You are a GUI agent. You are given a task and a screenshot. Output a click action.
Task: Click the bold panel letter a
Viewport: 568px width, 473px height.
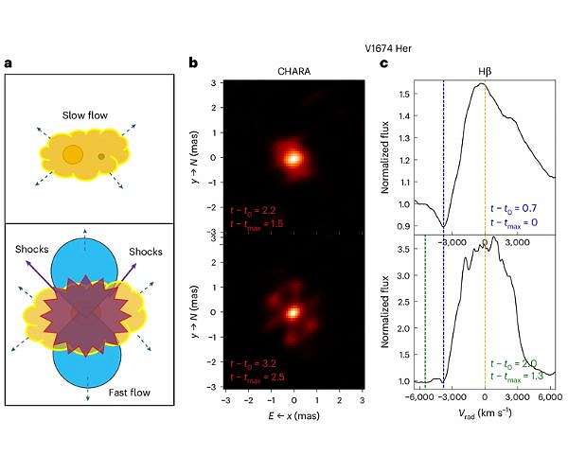click(9, 63)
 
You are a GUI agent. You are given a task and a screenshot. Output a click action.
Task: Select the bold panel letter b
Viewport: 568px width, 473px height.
click(193, 63)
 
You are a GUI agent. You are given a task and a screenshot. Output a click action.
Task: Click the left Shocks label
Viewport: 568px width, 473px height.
click(32, 251)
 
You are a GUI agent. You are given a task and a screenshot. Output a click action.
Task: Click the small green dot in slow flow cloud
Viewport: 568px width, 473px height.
click(101, 156)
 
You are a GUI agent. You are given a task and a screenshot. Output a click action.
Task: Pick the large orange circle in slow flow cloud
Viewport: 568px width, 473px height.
click(72, 154)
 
